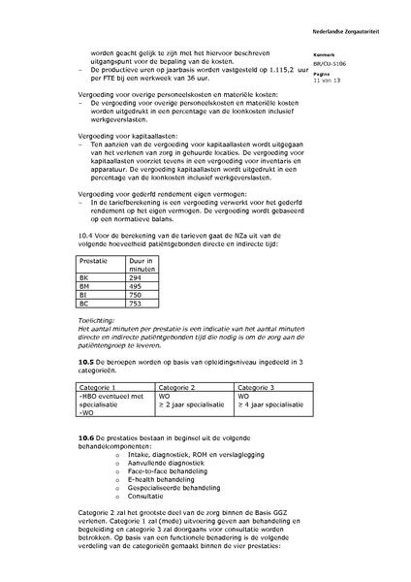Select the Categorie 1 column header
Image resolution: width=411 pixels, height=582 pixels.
(x=100, y=387)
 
